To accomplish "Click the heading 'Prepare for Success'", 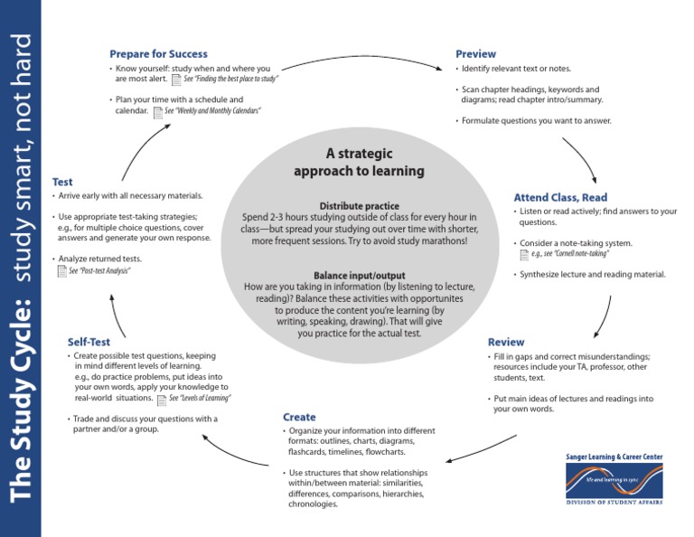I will pos(158,54).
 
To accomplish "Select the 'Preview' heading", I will pos(475,54).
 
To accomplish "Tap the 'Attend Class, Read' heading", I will pos(560,197).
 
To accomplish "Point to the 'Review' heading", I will pos(505,342).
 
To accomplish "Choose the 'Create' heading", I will pos(299,417).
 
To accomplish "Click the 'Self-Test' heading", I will pos(89,342).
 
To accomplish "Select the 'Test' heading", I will pos(62,182).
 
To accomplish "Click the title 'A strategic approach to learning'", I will pos(359,162).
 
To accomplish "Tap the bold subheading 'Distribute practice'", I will pos(359,206).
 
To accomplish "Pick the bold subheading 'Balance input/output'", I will pos(359,275).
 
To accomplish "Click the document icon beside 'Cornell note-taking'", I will pos(524,256).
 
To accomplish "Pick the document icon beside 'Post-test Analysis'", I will pos(61,271).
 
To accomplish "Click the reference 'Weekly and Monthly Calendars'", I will pos(211,111).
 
